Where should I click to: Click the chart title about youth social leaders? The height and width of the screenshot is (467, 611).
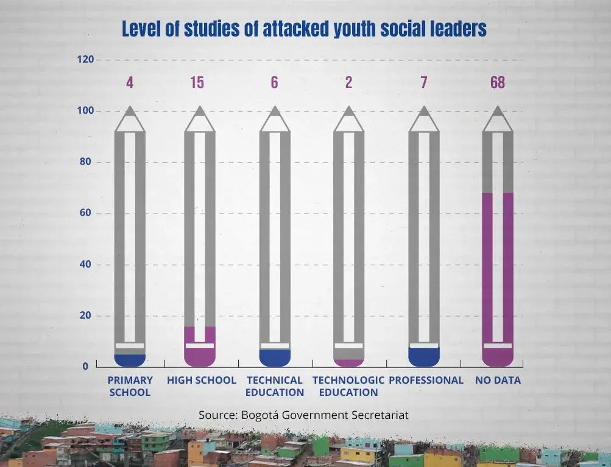click(304, 29)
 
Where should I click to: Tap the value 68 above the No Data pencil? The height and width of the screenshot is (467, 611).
click(497, 83)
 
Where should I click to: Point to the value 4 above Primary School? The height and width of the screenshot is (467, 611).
click(130, 83)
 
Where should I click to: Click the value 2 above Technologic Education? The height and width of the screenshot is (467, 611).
click(348, 83)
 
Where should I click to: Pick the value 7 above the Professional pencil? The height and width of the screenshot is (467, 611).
click(424, 83)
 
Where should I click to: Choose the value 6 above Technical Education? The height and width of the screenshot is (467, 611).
click(275, 83)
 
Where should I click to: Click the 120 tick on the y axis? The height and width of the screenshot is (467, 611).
click(86, 60)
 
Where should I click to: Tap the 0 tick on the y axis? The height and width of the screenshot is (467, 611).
click(86, 367)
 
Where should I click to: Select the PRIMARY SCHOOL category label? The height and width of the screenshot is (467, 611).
click(130, 386)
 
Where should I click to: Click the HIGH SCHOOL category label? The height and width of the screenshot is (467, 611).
click(202, 380)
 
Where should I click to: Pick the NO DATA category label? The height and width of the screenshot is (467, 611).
click(498, 380)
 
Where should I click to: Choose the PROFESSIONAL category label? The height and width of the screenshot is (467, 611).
click(426, 380)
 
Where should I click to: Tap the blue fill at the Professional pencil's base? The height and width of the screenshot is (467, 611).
click(424, 357)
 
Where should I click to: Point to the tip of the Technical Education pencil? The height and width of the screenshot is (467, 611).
click(275, 111)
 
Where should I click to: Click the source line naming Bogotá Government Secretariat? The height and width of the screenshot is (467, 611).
click(303, 415)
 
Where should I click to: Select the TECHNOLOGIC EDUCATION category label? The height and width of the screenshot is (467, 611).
click(348, 386)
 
